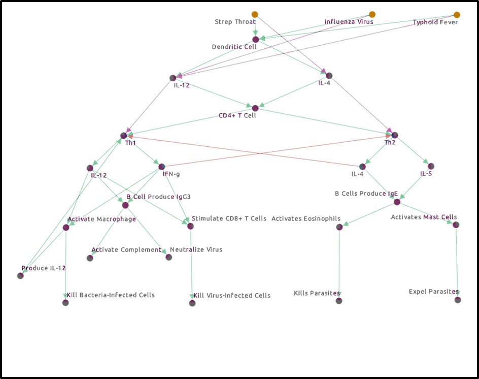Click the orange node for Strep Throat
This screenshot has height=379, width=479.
tap(255, 14)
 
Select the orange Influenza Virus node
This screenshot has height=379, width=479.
tap(372, 14)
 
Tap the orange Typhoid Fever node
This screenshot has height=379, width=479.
tap(457, 15)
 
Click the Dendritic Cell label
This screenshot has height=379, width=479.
tap(234, 47)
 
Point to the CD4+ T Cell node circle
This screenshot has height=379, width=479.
tap(255, 108)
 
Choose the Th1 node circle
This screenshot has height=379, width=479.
tap(123, 136)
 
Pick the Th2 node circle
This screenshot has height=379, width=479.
tap(395, 135)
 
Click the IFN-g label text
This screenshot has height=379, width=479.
tap(172, 174)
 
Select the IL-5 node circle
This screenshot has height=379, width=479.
tap(431, 166)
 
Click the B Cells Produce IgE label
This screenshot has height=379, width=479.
tap(366, 194)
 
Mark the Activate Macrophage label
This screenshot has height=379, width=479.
tap(102, 219)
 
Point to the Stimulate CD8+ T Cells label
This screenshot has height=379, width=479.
tap(228, 218)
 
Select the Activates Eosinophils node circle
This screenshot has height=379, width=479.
tap(339, 227)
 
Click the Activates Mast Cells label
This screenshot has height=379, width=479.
tap(424, 217)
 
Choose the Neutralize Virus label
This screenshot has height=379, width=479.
tap(196, 249)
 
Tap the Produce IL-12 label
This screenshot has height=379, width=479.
tap(44, 268)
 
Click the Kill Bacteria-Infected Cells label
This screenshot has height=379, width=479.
tap(111, 295)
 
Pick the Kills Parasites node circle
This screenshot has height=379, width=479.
tap(339, 301)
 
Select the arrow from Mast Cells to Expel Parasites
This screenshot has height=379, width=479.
tap(457, 259)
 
